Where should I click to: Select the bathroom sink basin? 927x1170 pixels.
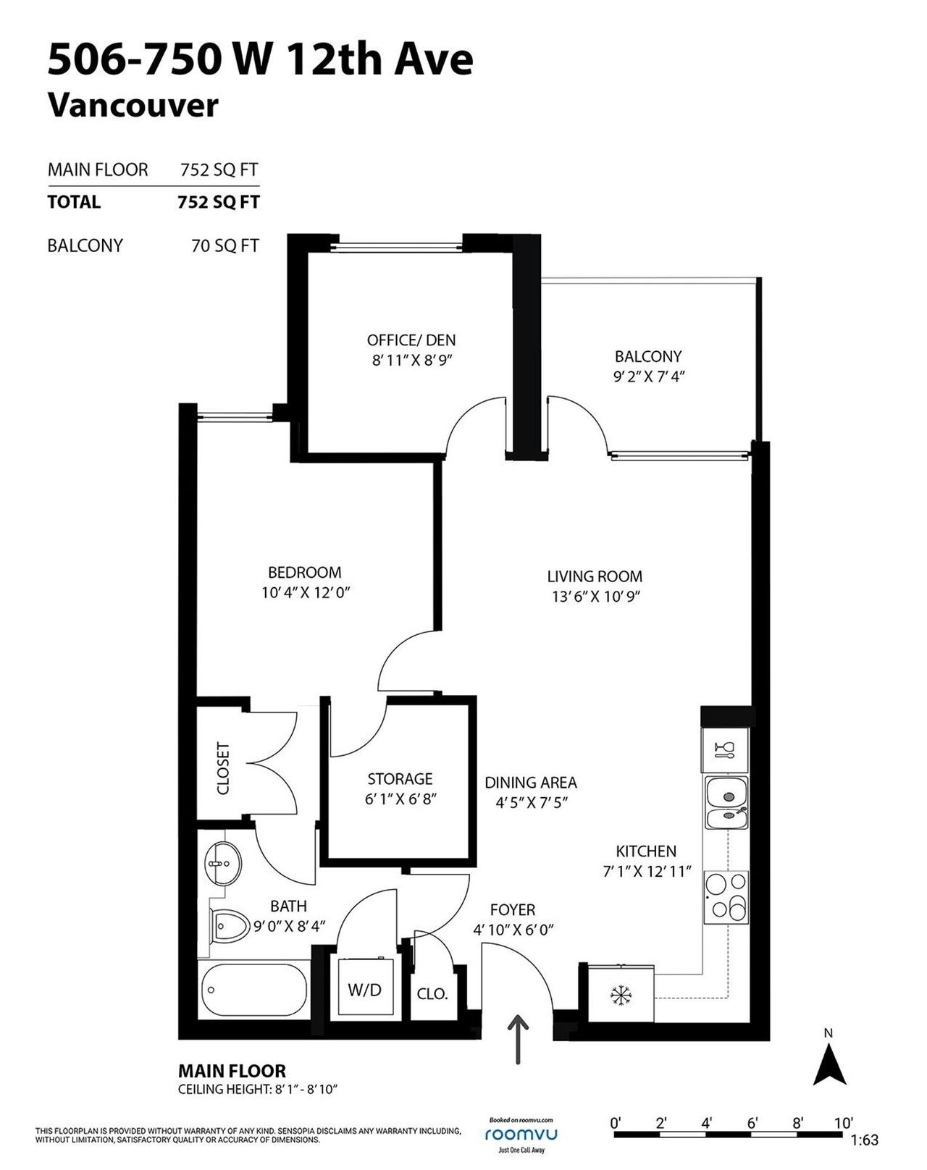[x=223, y=863]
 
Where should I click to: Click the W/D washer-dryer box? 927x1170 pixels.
[x=366, y=988]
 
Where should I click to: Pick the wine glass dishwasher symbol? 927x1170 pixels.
[x=724, y=750]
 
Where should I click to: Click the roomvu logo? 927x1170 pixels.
[x=521, y=1134]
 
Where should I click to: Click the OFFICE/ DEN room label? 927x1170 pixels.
[x=411, y=340]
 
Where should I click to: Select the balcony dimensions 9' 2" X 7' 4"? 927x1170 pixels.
[x=648, y=376]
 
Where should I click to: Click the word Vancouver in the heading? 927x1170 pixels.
[x=133, y=105]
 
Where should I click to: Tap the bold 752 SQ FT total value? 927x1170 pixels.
[x=219, y=202]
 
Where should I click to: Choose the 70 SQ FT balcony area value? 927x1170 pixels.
[x=225, y=245]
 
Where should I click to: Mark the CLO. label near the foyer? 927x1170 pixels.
[x=432, y=994]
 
